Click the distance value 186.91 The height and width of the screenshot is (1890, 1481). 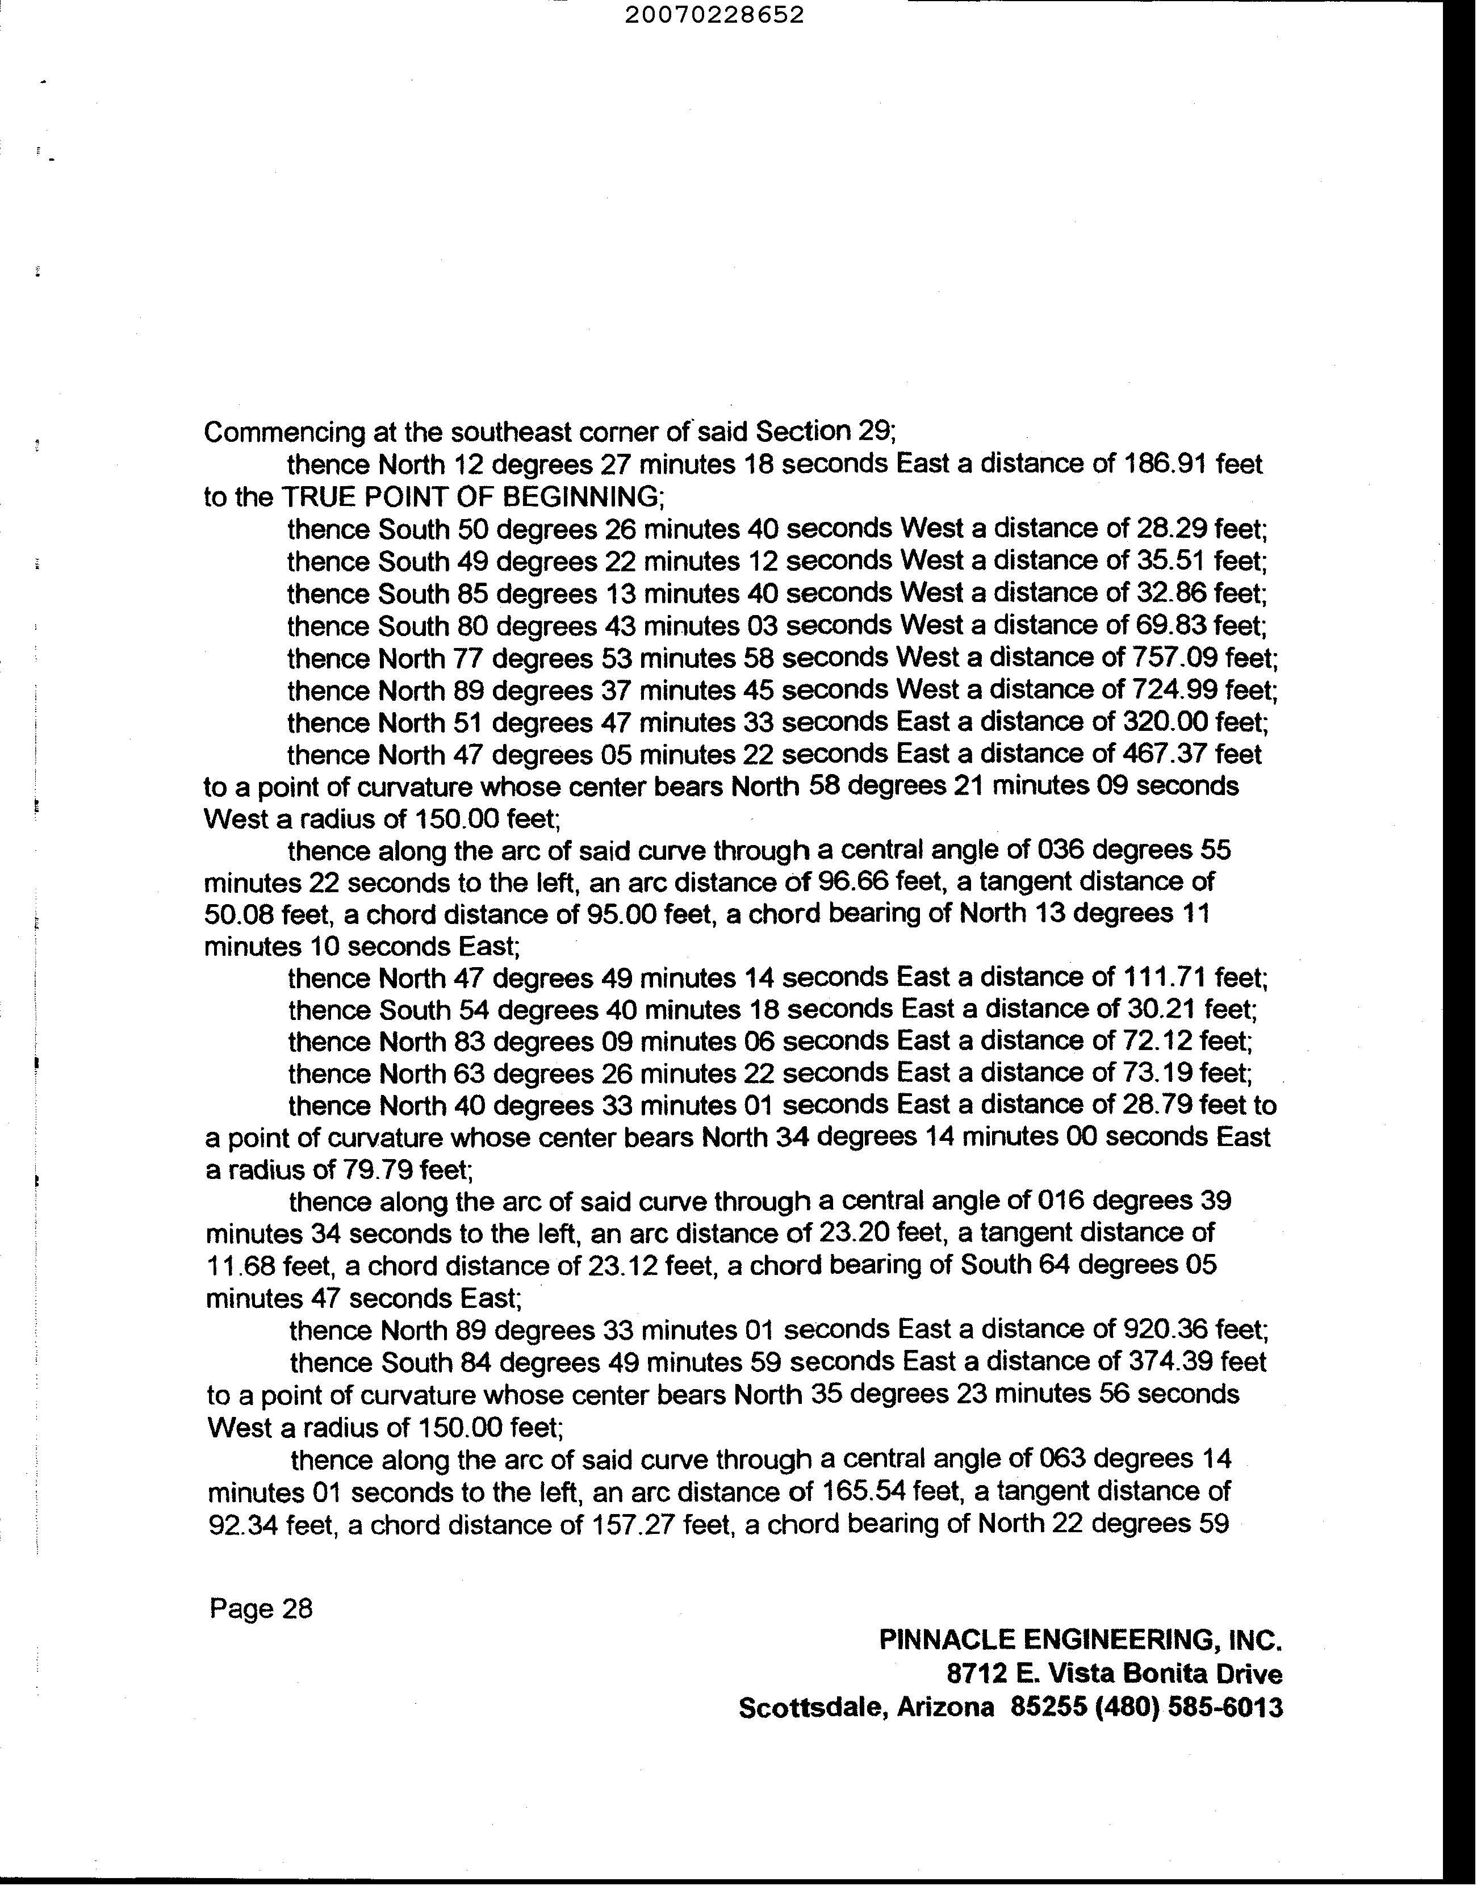coord(1165,464)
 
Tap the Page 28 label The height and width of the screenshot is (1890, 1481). coord(260,1609)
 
